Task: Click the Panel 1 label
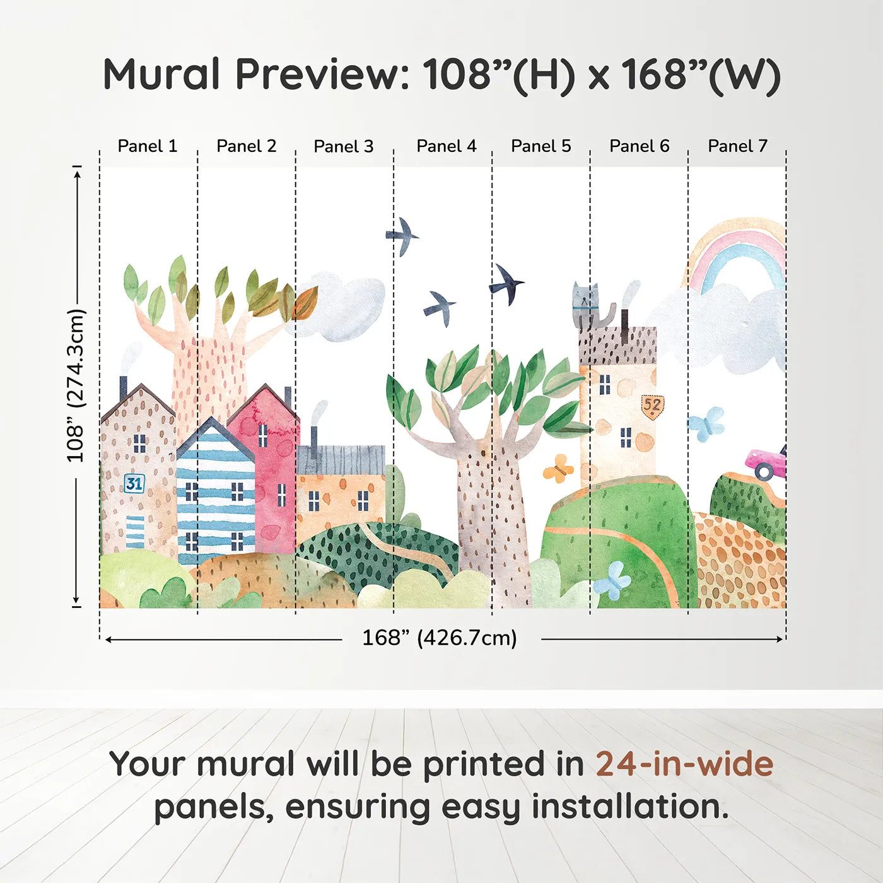click(x=147, y=146)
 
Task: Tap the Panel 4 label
click(x=447, y=146)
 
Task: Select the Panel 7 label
click(x=737, y=146)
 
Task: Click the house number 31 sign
click(x=134, y=483)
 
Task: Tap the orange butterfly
click(x=558, y=469)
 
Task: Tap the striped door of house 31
click(x=135, y=532)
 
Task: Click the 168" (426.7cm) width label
click(x=440, y=638)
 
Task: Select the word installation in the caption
click(x=631, y=807)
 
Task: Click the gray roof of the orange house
click(x=341, y=460)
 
